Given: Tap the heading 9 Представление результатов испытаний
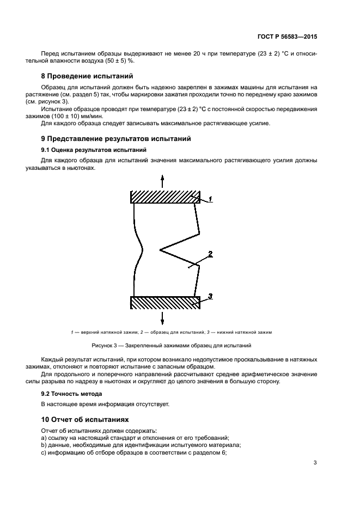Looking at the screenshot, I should [x=116, y=139].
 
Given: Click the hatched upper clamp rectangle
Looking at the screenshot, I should [x=166, y=197].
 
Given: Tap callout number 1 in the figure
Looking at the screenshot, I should [x=210, y=200].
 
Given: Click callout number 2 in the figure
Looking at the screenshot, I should [x=210, y=254].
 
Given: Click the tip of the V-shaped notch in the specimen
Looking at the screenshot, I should [x=160, y=250].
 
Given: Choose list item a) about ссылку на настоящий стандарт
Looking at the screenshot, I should [x=135, y=438].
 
